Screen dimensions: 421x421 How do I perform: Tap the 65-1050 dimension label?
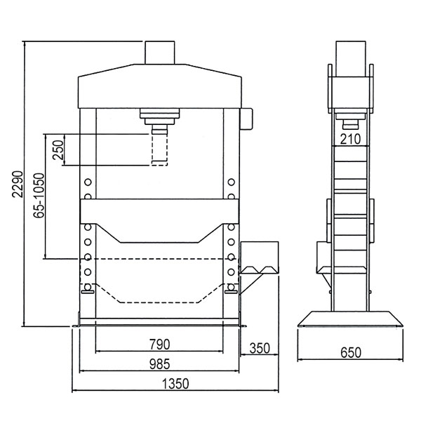39,196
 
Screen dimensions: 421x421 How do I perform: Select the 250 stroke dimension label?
58,150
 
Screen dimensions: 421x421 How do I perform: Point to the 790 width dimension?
160,345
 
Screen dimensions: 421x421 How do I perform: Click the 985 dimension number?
160,364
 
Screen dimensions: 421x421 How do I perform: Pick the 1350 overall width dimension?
175,384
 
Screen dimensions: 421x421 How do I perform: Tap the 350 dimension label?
260,348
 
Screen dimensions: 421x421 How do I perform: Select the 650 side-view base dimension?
351,352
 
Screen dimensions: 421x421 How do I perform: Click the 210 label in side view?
350,139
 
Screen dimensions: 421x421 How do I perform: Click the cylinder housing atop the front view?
160,53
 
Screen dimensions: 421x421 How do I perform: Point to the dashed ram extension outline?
159,150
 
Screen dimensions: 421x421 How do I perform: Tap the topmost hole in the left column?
88,182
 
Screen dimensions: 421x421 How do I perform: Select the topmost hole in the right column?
231,182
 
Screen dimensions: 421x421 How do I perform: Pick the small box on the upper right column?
246,119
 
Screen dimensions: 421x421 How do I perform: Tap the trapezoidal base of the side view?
350,319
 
